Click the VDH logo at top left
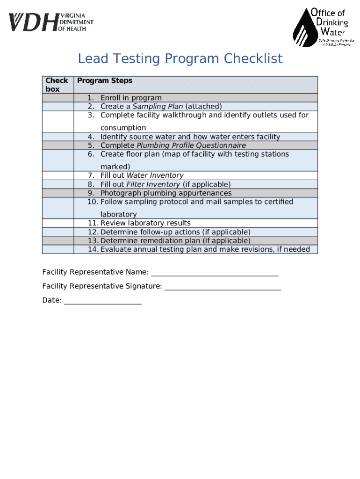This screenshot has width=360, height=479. [x=50, y=22]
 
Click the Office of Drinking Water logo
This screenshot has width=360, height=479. [x=321, y=27]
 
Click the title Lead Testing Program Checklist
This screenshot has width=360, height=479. [x=180, y=59]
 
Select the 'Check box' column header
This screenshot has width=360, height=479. [x=58, y=85]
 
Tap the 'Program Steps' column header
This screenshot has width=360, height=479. [x=105, y=81]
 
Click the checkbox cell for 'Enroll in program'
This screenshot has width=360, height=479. [x=58, y=98]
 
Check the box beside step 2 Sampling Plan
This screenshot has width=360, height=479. [x=58, y=106]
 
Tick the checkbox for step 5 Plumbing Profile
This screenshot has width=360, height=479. [x=58, y=145]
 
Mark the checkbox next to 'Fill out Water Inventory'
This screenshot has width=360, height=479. [x=58, y=175]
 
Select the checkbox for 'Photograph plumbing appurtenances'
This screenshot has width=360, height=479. [x=58, y=193]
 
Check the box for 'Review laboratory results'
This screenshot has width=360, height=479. [x=58, y=223]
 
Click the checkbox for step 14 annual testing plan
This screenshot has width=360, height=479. [x=58, y=249]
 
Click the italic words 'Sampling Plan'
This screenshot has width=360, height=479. [x=158, y=107]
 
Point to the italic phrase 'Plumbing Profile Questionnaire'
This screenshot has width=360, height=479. [x=191, y=145]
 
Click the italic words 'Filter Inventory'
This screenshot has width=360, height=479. [x=153, y=184]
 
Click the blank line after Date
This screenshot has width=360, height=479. [x=102, y=301]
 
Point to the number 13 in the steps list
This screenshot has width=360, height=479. [x=92, y=241]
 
